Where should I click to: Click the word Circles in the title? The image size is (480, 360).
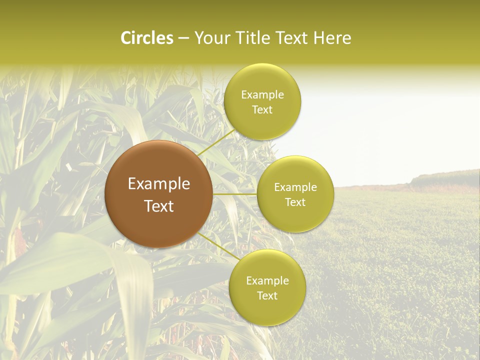[x=146, y=38]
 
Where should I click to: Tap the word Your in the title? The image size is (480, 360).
[x=210, y=38]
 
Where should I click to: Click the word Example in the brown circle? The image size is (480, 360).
[x=158, y=184]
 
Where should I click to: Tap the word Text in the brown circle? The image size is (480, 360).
[x=158, y=206]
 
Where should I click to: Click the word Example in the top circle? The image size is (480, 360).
[x=262, y=95]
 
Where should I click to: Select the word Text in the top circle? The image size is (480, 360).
[x=262, y=110]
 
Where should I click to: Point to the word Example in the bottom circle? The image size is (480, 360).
[x=267, y=281]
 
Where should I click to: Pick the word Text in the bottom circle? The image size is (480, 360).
[x=267, y=296]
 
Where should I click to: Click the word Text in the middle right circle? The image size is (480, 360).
[x=295, y=202]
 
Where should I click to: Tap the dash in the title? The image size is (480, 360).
[x=183, y=38]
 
